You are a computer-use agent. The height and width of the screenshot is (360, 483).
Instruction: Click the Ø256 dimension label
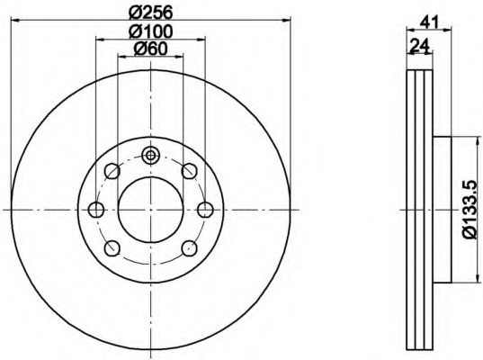(150, 12)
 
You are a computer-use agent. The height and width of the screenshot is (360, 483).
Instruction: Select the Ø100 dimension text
(150, 31)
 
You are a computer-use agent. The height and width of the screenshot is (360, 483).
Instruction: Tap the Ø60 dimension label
(150, 49)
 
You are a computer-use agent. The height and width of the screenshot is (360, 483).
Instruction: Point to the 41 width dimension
(429, 22)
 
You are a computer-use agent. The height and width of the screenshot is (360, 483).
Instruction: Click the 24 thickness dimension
(420, 46)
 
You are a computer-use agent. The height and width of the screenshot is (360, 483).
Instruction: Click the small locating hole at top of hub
(150, 156)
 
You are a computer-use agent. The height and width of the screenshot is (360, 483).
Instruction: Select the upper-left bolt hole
(112, 171)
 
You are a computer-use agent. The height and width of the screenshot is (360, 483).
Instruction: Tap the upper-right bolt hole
(189, 171)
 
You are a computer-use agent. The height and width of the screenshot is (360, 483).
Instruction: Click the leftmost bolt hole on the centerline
(96, 210)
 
